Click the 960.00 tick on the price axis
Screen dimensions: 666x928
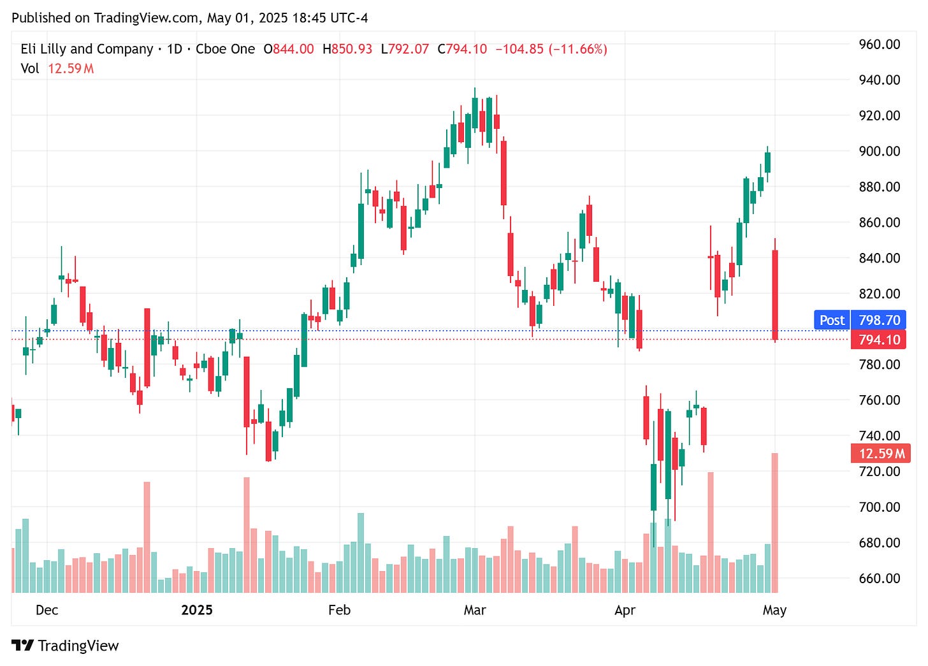(879, 45)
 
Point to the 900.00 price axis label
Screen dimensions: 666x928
(879, 151)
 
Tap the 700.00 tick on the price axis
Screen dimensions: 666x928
(879, 507)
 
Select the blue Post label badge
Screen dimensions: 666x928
(832, 320)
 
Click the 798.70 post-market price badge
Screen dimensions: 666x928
(879, 320)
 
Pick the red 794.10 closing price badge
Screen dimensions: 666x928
(879, 340)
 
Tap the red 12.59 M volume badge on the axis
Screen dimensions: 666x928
(881, 454)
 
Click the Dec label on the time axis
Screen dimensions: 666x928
(47, 610)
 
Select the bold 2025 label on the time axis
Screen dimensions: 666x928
(196, 610)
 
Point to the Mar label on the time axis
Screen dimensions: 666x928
(475, 610)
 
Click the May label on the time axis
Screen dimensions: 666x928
(774, 610)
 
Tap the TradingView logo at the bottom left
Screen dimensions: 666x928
(65, 646)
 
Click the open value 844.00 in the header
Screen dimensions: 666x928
(293, 49)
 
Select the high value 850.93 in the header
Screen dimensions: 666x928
(351, 49)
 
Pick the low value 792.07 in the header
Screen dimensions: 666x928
(409, 49)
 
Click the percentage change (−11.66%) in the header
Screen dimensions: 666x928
(579, 49)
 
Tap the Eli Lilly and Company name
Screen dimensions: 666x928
(87, 49)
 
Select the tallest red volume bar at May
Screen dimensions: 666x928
(775, 523)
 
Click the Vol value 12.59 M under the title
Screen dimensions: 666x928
(71, 68)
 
